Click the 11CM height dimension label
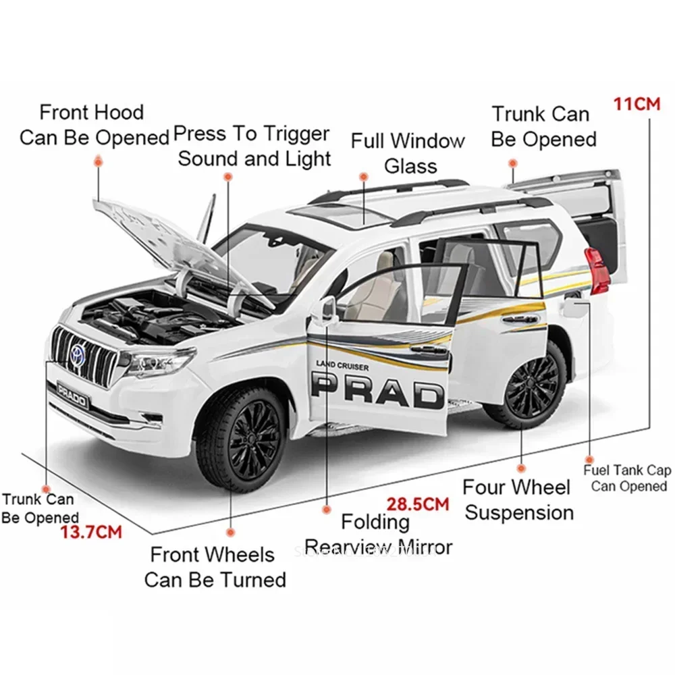[x=637, y=105]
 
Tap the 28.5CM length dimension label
[x=417, y=504]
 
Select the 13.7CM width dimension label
[x=91, y=532]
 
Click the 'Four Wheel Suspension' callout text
[x=518, y=500]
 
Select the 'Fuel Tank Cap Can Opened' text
[x=628, y=479]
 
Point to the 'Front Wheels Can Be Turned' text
[x=215, y=567]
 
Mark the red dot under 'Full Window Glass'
[x=362, y=177]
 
